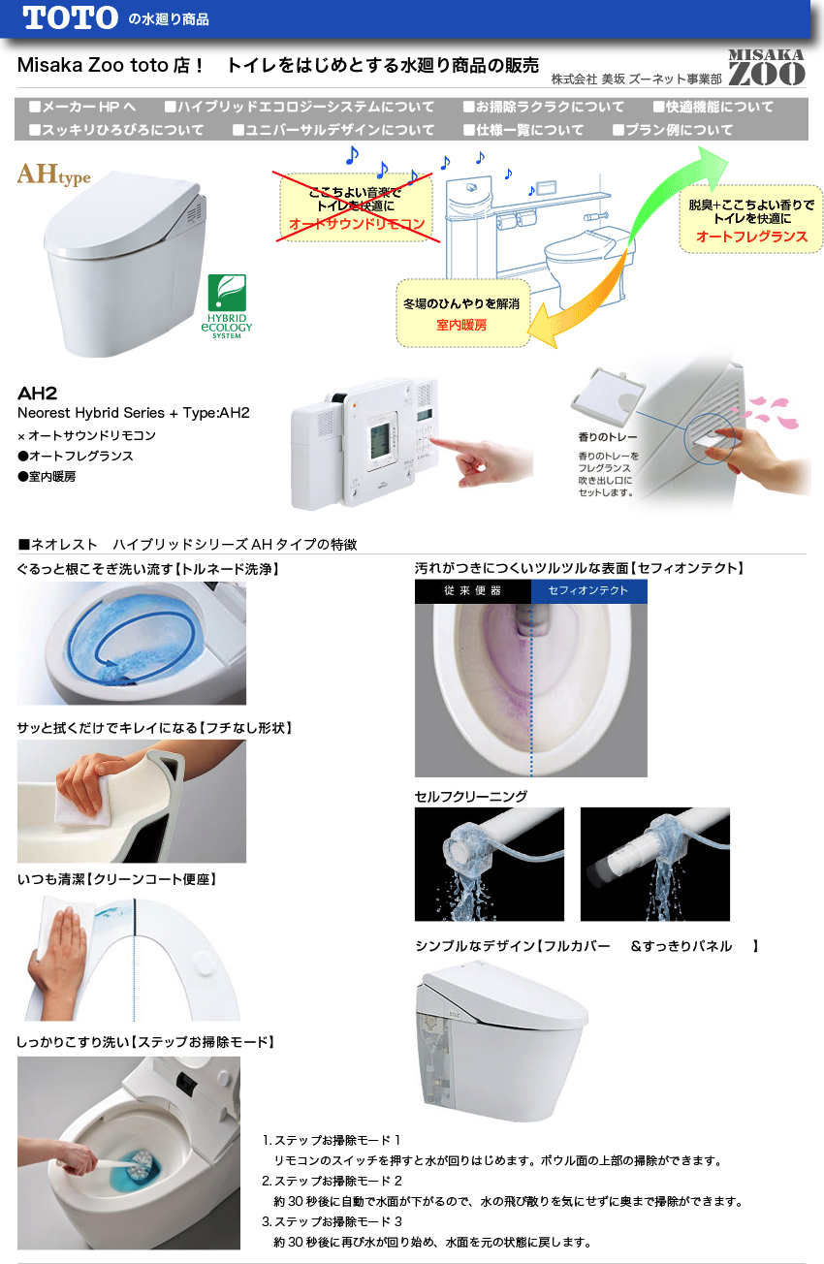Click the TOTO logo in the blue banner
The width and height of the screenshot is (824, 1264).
[70, 18]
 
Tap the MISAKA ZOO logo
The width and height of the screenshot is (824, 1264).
[766, 67]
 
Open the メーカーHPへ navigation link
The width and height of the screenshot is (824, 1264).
[82, 107]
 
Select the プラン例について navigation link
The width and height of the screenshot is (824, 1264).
[673, 130]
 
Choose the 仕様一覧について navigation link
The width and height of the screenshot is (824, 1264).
[523, 130]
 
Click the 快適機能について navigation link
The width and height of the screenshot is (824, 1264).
[713, 107]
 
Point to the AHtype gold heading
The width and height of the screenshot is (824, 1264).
[53, 174]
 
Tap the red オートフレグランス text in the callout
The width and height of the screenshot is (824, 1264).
[751, 237]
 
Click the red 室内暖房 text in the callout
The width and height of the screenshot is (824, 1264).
[461, 325]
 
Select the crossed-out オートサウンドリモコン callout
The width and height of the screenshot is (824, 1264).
[357, 207]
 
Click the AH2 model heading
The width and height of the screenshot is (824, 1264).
[37, 394]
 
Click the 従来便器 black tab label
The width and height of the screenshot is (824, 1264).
[472, 591]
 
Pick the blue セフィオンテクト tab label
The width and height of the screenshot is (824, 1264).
[588, 591]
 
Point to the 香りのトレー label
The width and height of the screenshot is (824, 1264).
[607, 437]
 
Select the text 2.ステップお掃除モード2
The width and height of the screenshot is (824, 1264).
[332, 1181]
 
